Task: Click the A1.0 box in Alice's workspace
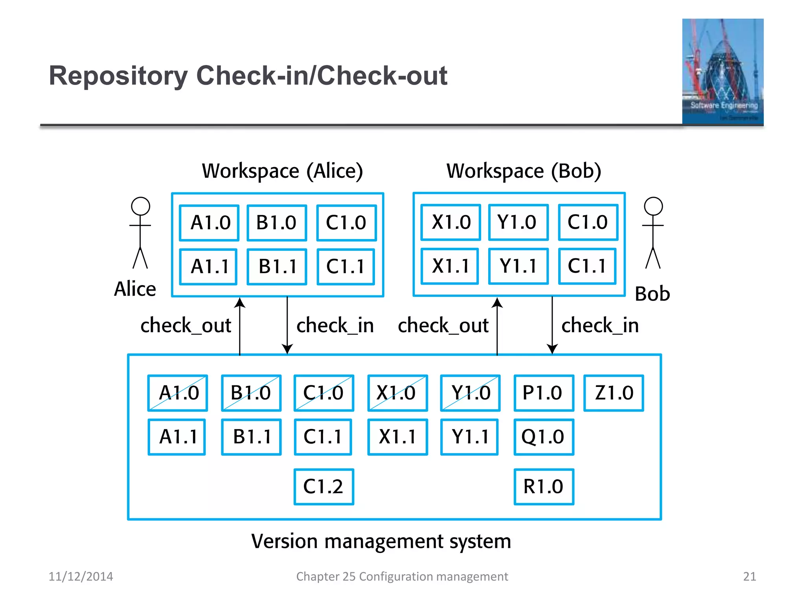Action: (x=209, y=223)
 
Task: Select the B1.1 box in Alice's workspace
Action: (x=277, y=267)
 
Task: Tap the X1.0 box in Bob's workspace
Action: (x=450, y=222)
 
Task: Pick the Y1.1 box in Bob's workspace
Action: (x=518, y=266)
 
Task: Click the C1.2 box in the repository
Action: (x=323, y=487)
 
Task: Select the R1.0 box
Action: (x=544, y=487)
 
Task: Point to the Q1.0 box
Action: (x=544, y=437)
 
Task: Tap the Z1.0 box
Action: (x=614, y=393)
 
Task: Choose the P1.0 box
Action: (x=544, y=393)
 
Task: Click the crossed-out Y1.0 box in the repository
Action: (x=470, y=393)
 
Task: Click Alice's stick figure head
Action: (x=140, y=206)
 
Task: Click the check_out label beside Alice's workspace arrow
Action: (x=186, y=326)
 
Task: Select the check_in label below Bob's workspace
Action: (x=600, y=326)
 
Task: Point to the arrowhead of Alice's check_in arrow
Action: (x=287, y=349)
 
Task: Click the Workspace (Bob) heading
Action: (x=524, y=171)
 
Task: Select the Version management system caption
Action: (x=381, y=541)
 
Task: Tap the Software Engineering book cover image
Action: (x=722, y=72)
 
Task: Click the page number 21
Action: (x=749, y=576)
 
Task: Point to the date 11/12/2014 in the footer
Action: (x=81, y=576)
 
